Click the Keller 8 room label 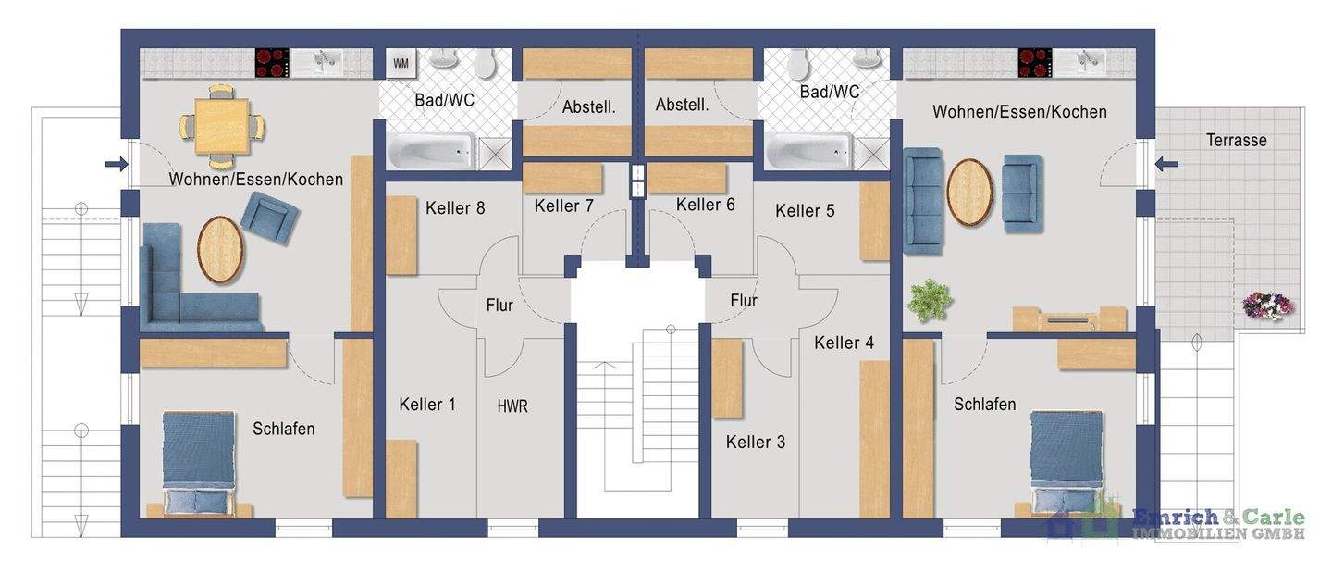[455, 208]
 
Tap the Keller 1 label [427, 405]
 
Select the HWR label [512, 406]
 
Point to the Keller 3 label [756, 443]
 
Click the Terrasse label [1236, 141]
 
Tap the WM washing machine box [401, 64]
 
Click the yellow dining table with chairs [222, 127]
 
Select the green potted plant [930, 301]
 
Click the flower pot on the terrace [1267, 306]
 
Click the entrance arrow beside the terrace [1166, 164]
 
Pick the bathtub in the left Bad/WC [432, 151]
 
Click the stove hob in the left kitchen [272, 63]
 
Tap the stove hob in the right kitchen [1035, 63]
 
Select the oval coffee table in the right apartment [969, 193]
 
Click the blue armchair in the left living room [270, 218]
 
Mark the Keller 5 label [805, 211]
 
